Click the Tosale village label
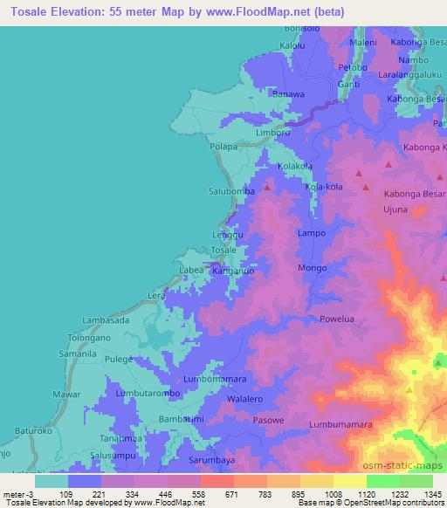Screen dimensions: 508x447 coord(223,250)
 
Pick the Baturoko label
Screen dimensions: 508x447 coord(34,429)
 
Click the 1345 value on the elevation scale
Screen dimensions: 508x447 coord(431,494)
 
